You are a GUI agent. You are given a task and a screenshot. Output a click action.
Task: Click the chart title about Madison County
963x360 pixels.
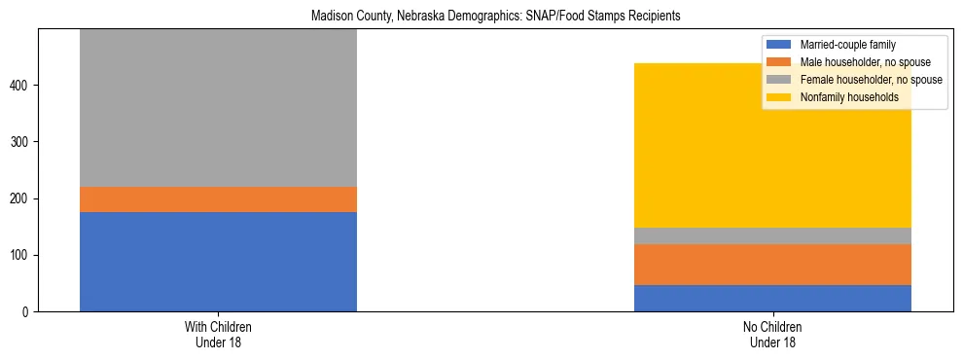(x=495, y=17)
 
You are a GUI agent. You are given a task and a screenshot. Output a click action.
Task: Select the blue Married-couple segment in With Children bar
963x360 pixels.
(x=218, y=262)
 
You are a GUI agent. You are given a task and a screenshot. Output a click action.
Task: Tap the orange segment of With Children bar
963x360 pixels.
(x=218, y=199)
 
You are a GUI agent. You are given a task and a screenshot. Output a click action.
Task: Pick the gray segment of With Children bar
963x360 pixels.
(x=218, y=107)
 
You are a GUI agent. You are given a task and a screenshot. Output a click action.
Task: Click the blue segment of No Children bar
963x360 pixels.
(x=772, y=298)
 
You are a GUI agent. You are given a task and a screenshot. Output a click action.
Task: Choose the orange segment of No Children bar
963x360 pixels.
(x=772, y=265)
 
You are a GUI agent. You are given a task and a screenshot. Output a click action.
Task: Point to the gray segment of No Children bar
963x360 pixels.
(x=772, y=235)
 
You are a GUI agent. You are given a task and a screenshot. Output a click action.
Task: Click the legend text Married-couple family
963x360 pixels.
(x=847, y=45)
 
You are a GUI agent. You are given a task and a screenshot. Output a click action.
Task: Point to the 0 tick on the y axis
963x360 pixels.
(x=29, y=312)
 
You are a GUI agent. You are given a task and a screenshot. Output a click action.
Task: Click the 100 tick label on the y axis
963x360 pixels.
(x=23, y=256)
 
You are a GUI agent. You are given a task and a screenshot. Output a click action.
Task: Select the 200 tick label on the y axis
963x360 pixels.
(x=23, y=199)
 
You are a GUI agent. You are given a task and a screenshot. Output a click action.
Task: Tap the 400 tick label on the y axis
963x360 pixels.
(x=23, y=86)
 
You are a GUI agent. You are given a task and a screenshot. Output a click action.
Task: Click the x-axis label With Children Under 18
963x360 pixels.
(x=218, y=335)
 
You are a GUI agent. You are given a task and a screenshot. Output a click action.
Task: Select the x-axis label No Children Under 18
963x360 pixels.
(x=772, y=335)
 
